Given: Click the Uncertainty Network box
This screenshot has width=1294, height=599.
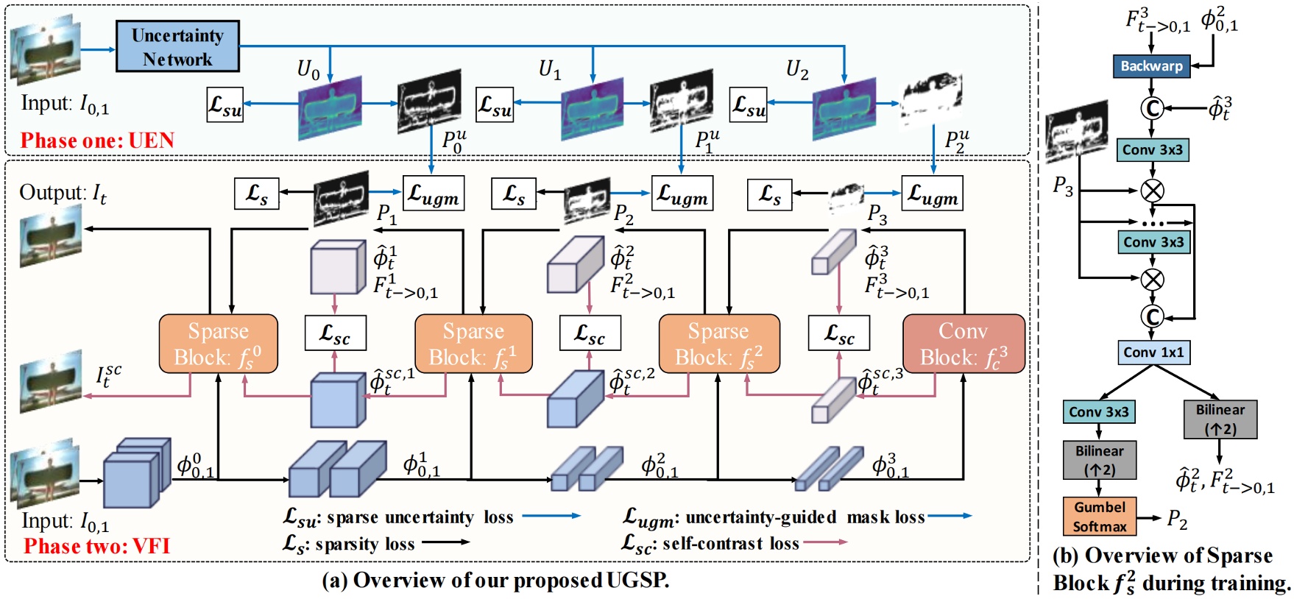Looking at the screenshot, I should [177, 46].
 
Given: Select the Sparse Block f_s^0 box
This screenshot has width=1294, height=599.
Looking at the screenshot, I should [218, 344].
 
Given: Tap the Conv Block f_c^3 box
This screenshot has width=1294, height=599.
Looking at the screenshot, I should [963, 344].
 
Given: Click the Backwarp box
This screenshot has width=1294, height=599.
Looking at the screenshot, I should [1151, 66].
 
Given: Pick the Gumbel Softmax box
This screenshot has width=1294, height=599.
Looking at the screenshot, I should [1100, 517].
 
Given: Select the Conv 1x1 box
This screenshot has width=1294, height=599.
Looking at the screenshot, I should [1153, 352].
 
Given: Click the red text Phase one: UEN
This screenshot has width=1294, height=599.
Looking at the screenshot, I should [97, 141].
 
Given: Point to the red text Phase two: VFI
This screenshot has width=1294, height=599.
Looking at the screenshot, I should [96, 546].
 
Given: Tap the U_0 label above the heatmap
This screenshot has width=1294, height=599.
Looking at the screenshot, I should [308, 70].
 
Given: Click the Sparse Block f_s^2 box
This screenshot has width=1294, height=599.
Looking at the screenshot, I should [718, 344].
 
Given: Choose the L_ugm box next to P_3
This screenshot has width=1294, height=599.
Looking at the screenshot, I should [932, 194].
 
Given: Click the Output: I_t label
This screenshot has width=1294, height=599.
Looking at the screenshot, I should [63, 194].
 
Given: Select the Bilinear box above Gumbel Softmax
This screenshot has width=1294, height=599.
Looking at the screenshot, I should [1099, 460].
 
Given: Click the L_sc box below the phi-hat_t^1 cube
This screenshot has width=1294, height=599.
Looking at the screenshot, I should [335, 333].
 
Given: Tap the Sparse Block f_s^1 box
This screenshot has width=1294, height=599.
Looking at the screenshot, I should [473, 344].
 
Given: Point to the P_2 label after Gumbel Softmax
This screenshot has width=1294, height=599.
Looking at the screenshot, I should [1177, 520].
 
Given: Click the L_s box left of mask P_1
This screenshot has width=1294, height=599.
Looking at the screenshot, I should [256, 194].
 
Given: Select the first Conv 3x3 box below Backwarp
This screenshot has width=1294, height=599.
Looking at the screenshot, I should [1152, 150].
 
